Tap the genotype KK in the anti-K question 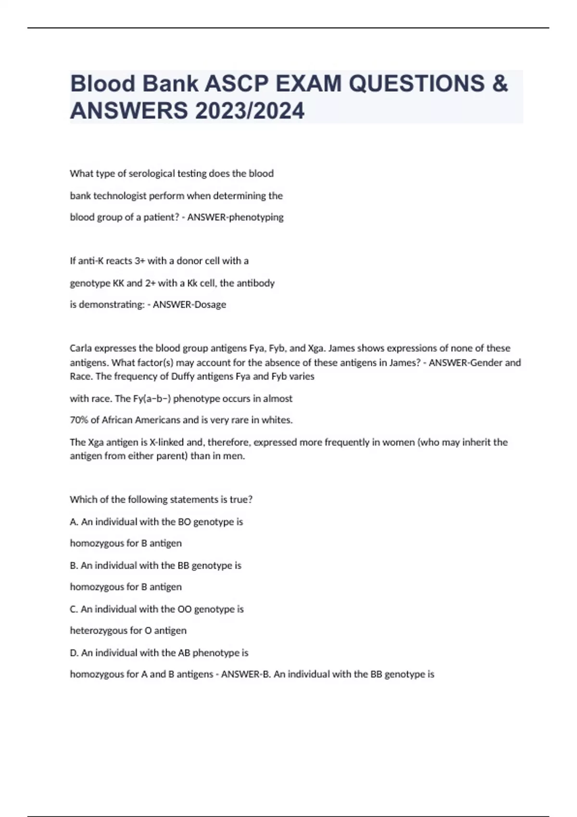pyautogui.click(x=118, y=283)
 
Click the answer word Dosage pyautogui.click(x=208, y=305)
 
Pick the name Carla pyautogui.click(x=82, y=348)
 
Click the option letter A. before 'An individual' pyautogui.click(x=74, y=522)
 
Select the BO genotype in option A pyautogui.click(x=184, y=522)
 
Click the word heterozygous pyautogui.click(x=99, y=631)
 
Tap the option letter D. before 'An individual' pyautogui.click(x=75, y=653)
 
